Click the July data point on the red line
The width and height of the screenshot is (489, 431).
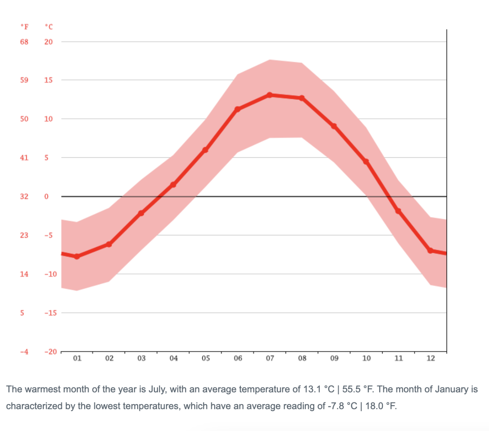point(270,95)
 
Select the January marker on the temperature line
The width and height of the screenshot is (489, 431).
point(77,256)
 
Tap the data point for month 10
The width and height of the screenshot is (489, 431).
point(366,162)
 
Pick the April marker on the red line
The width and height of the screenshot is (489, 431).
point(173,185)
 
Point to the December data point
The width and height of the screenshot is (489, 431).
point(430,251)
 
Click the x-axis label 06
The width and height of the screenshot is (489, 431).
point(238,358)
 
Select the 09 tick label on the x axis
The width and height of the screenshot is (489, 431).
point(334,358)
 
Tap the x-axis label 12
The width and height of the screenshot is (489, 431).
point(431,358)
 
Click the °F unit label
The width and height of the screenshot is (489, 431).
point(24,27)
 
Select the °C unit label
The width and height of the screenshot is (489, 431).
point(49,27)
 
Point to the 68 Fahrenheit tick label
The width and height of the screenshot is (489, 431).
point(24,42)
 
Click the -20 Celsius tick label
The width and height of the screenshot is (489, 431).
point(50,352)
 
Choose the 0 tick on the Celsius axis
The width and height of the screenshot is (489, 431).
point(46,196)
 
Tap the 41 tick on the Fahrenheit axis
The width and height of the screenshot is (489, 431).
point(24,158)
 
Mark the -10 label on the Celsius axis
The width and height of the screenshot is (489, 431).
point(50,274)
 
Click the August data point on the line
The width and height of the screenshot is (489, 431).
point(302,98)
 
